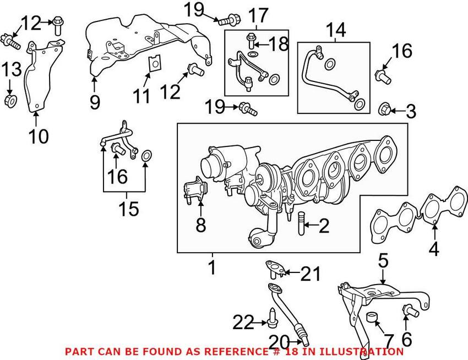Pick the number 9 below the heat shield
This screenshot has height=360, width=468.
click(95, 102)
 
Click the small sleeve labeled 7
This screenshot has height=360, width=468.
click(372, 318)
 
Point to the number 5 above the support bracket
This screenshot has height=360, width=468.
click(383, 260)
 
